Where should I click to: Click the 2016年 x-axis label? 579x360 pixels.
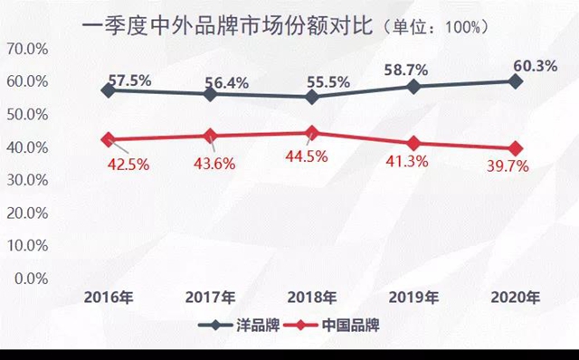coord(109,297)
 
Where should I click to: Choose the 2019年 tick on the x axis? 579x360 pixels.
coord(413,297)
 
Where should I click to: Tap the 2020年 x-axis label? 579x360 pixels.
coord(515,297)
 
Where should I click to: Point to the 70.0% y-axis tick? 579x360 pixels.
coord(28,49)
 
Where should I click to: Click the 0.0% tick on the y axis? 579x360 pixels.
coord(32,278)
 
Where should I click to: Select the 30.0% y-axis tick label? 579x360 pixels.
coord(28,180)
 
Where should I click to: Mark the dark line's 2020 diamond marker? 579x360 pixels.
coord(515,81)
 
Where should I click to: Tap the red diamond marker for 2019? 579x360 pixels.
coord(413,143)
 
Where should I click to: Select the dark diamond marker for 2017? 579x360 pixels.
coord(211,93)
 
